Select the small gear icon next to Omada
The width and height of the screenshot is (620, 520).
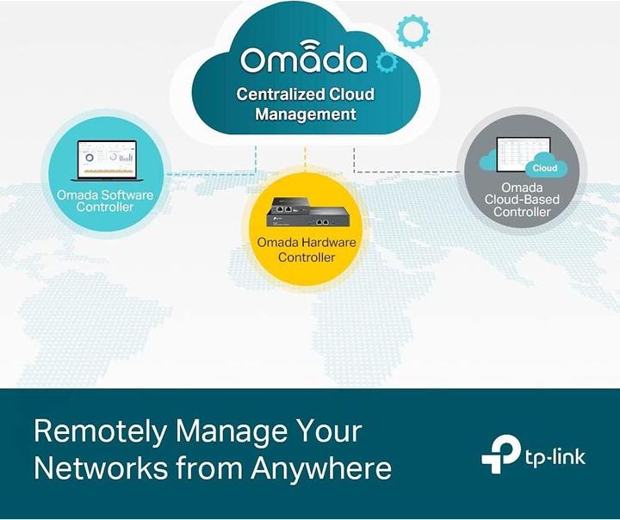click(387, 62)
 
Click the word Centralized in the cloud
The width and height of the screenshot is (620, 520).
click(275, 94)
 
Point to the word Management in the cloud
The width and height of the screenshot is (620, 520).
click(306, 115)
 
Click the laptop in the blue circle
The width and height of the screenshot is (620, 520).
click(107, 160)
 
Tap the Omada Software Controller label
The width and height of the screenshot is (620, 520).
click(105, 201)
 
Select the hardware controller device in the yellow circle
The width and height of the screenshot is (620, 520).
click(308, 212)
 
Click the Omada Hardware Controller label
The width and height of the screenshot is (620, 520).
click(307, 250)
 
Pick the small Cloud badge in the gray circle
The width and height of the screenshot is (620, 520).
click(545, 168)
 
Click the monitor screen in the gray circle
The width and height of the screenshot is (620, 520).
click(524, 154)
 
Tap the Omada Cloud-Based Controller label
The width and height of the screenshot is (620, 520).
click(522, 200)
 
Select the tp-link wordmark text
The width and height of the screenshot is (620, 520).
click(555, 457)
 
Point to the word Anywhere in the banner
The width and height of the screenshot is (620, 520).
click(321, 469)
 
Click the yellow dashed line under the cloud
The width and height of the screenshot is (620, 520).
click(305, 159)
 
